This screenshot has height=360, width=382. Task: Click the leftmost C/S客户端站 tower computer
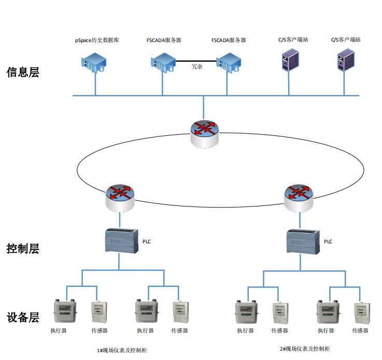click(288, 60)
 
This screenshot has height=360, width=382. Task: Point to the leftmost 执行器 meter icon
click(65, 312)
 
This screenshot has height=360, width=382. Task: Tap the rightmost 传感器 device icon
click(362, 313)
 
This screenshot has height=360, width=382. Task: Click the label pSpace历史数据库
click(97, 40)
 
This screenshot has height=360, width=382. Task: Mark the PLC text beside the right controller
click(328, 242)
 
